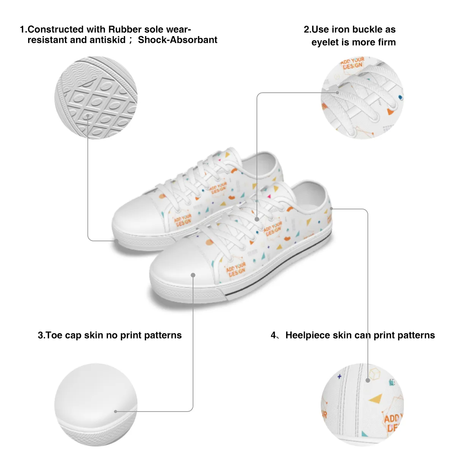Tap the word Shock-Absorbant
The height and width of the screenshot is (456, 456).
177,40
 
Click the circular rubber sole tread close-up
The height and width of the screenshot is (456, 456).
96,98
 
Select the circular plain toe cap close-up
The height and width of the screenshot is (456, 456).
96,405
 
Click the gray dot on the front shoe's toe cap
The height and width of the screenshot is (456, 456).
193,275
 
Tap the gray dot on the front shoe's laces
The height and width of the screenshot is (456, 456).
257,219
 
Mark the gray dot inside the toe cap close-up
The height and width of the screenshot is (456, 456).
116,411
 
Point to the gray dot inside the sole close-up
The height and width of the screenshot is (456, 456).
88,117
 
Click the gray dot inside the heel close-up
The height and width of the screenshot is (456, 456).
368,380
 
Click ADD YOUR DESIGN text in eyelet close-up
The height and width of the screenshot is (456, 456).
352,63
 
